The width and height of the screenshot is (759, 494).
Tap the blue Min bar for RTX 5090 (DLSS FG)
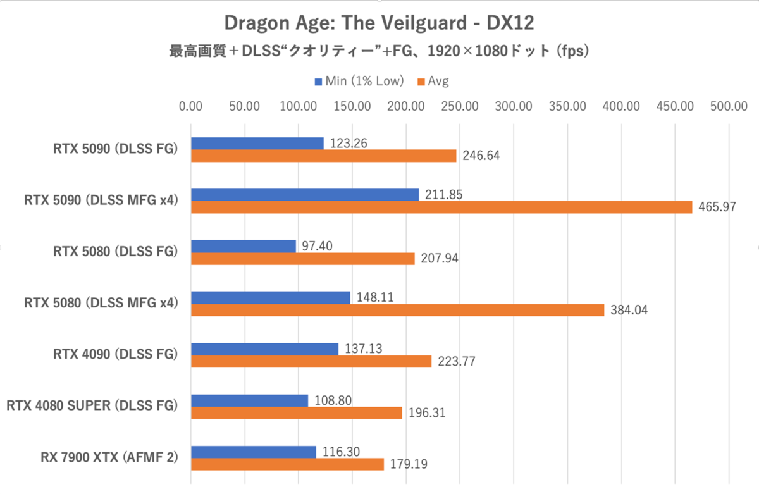[x=257, y=144]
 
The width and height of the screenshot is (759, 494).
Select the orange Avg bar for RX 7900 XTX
[x=287, y=464]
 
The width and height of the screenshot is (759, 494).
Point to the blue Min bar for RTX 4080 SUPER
[x=249, y=400]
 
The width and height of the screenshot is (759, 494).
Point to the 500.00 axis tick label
[x=729, y=106]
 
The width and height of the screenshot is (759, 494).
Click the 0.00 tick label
[x=190, y=106]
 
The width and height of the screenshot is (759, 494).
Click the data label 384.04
[x=629, y=311]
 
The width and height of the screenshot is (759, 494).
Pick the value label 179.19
[x=409, y=464]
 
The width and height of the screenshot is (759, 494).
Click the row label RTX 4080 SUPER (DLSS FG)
[x=91, y=406]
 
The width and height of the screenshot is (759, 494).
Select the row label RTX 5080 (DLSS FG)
[x=114, y=252]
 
